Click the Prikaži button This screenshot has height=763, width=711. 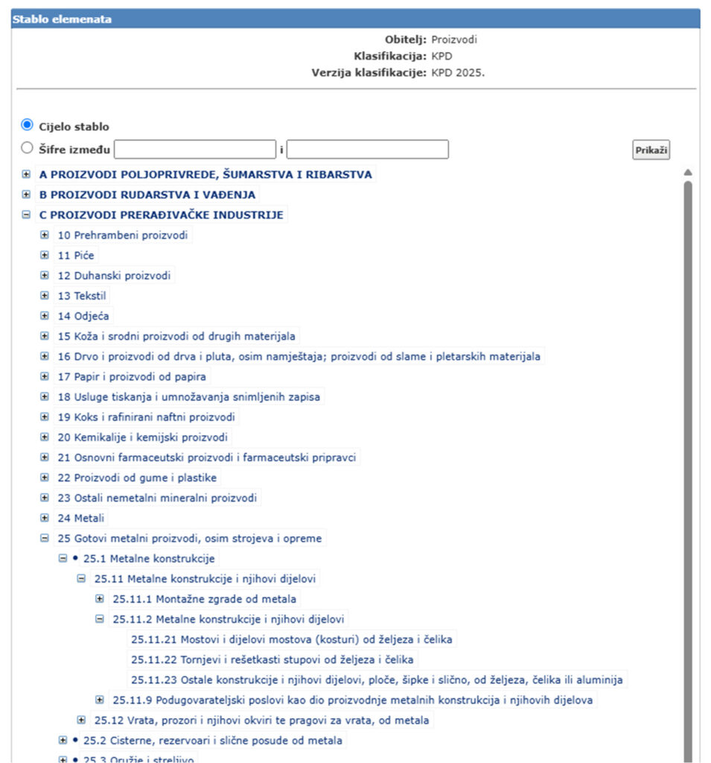[651, 150]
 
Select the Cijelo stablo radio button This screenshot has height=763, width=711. [28, 125]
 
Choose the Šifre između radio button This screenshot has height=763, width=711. [28, 148]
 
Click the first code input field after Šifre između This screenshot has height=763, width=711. [195, 149]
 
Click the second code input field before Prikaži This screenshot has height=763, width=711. [367, 149]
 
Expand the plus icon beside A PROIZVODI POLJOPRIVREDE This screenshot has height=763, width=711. [27, 174]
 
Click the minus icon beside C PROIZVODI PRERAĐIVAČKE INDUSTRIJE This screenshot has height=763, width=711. [27, 215]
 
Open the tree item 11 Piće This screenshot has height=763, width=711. [77, 256]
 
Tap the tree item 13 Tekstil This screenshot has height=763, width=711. [82, 296]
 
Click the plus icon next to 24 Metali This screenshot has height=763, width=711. [45, 518]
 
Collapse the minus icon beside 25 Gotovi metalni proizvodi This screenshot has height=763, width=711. [45, 538]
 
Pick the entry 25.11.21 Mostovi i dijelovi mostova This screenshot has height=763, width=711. [292, 639]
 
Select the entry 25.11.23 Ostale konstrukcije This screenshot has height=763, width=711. [377, 680]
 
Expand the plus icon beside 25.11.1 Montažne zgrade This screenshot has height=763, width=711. [100, 598]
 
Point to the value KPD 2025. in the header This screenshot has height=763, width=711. [458, 72]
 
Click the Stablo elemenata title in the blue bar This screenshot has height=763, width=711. [62, 19]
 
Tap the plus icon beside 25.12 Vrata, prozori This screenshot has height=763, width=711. [81, 720]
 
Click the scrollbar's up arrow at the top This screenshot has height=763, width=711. [687, 173]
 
